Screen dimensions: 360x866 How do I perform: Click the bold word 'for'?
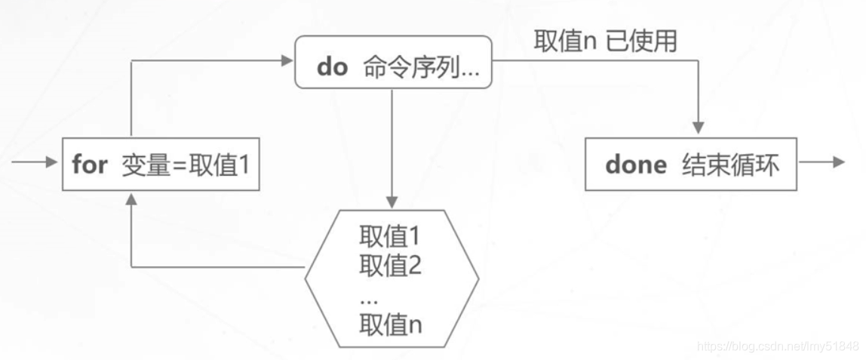click(90, 165)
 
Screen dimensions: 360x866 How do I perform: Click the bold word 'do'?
click(332, 66)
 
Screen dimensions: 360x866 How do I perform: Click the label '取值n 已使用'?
click(605, 41)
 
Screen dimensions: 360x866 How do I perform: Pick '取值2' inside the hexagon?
click(390, 265)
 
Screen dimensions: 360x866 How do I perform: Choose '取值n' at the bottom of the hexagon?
click(390, 325)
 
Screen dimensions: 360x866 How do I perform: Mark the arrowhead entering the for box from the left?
click(52, 162)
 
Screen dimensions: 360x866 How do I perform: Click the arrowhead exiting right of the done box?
click(838, 162)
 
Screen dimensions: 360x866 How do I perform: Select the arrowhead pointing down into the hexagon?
click(392, 202)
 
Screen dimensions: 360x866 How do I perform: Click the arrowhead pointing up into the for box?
click(131, 198)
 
